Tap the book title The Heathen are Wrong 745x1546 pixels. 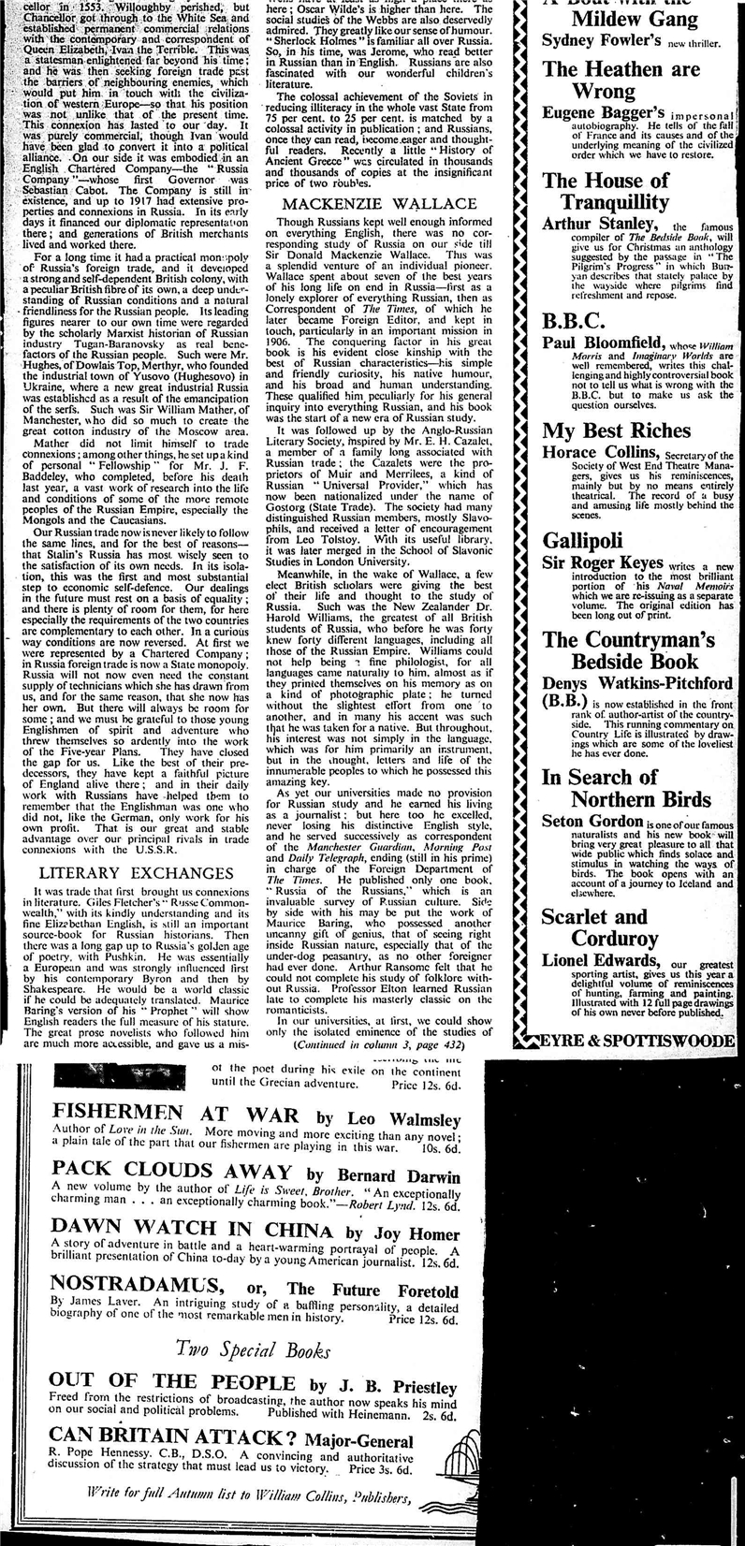(621, 80)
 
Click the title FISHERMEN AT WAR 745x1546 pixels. (175, 1116)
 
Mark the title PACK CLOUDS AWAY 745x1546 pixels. (171, 1173)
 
